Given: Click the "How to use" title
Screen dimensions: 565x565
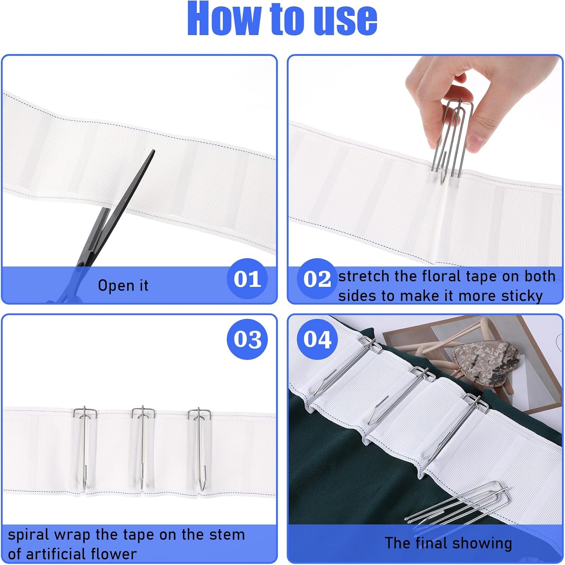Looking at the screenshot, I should [282, 19].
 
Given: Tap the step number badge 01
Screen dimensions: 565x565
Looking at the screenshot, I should [247, 279].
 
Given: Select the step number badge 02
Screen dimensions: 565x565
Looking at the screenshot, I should [317, 279].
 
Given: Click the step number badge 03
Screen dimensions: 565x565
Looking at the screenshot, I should [247, 339].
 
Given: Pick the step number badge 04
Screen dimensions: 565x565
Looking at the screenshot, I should [317, 339].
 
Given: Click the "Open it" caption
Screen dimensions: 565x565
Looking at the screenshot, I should [123, 285].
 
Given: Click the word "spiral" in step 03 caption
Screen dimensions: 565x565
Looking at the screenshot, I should [29, 535].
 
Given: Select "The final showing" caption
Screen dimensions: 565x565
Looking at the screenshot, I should [448, 543].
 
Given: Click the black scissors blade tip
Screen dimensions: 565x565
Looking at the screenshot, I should [153, 152].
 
